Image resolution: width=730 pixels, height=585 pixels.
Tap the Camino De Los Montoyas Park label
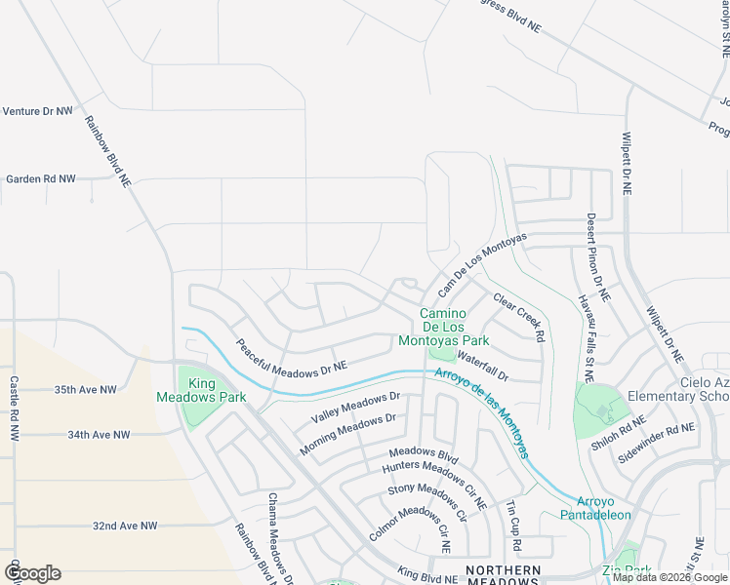click(442, 328)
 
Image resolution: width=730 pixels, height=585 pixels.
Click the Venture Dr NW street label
click(38, 112)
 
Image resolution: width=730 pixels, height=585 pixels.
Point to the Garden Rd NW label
click(40, 179)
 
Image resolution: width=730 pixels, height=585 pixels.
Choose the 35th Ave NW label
click(85, 390)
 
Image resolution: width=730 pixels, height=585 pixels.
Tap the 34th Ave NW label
click(99, 435)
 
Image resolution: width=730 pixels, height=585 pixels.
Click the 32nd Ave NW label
click(125, 526)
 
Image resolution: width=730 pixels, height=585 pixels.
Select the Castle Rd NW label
click(14, 410)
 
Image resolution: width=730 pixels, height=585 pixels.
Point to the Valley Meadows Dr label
click(355, 407)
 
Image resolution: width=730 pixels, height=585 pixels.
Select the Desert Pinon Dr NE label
click(597, 256)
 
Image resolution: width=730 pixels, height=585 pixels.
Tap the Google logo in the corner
click(32, 573)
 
